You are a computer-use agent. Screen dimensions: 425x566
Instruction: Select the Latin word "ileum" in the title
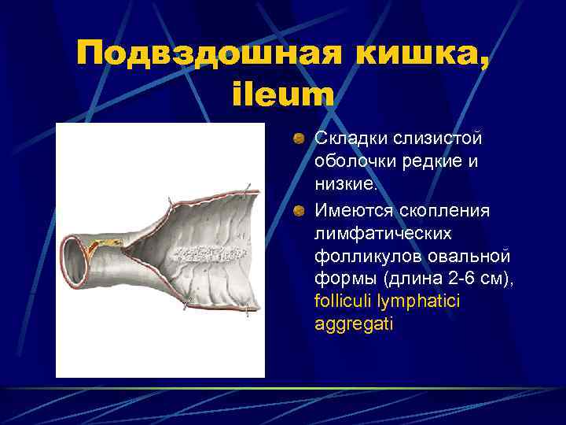[x=283, y=95]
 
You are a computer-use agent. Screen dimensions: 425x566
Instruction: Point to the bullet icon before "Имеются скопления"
[x=300, y=211]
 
